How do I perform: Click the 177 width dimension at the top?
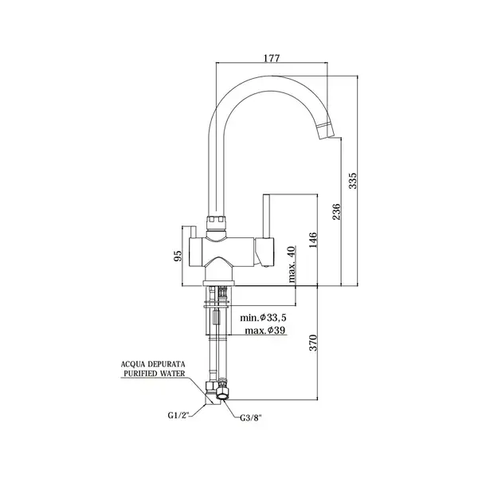(272, 58)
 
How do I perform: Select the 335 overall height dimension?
(352, 181)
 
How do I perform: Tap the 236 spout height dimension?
(335, 212)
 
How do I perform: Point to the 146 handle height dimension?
(313, 240)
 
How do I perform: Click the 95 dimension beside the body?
(178, 256)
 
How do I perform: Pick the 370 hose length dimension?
(313, 343)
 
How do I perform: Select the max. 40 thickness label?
(292, 264)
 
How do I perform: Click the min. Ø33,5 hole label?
(264, 318)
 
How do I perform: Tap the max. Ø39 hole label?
(265, 330)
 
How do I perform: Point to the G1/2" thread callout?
(178, 415)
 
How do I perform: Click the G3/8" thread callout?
(251, 418)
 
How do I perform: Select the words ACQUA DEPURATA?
(153, 364)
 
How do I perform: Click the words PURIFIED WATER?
(155, 373)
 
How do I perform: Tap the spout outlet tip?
(327, 136)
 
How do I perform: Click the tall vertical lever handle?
(267, 217)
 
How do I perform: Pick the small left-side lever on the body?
(193, 233)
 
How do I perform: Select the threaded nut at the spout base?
(217, 223)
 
